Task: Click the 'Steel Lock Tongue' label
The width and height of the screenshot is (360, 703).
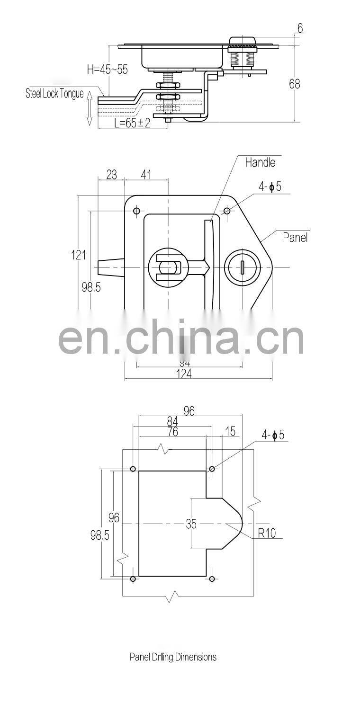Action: point(54,94)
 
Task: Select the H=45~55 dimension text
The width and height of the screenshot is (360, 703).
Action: point(107,70)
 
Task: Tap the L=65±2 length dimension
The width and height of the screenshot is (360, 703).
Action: point(133,123)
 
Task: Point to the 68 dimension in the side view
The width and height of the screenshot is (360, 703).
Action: point(295,84)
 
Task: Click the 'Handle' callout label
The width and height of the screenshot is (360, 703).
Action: point(260,162)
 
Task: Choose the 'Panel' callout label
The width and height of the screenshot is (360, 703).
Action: point(295,237)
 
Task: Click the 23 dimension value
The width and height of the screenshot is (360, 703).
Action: point(111,175)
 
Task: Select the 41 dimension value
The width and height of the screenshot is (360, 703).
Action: point(146,175)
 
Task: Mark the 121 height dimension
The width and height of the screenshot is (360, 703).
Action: point(79,255)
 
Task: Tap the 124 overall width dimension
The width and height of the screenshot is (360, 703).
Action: point(184,374)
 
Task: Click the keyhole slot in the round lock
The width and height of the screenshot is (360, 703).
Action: point(242,268)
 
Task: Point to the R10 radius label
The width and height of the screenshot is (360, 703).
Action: point(267,533)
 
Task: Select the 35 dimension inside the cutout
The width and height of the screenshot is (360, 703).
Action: point(191,524)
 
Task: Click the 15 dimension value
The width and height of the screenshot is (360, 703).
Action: point(230,431)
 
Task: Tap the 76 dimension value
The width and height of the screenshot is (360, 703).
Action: point(173,432)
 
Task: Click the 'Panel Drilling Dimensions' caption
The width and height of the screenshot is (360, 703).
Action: point(173,657)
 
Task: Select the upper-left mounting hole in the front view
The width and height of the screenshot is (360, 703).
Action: point(136,211)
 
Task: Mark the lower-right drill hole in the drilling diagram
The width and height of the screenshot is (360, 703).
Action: point(212,579)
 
